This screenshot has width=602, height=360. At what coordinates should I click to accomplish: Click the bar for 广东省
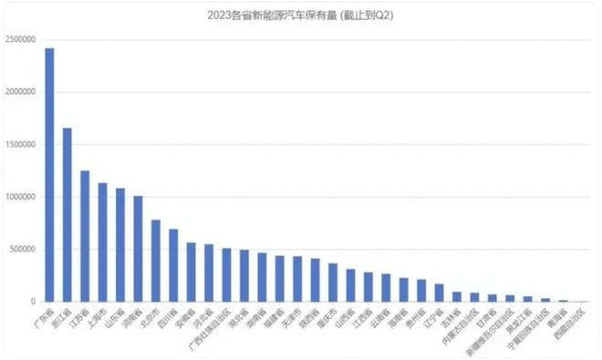49,174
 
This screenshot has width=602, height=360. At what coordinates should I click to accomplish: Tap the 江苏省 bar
85,236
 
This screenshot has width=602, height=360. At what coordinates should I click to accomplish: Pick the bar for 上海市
102,242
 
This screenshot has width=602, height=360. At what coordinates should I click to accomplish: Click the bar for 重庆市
333,283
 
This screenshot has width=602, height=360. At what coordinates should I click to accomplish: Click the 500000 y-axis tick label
22,249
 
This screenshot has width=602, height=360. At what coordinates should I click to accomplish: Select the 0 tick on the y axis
32,302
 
